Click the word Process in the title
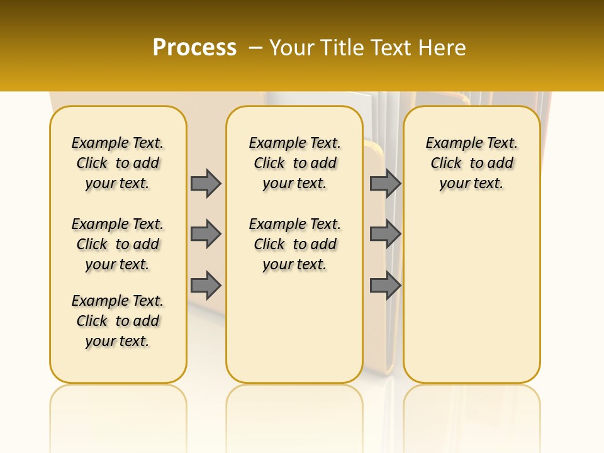pos(194,48)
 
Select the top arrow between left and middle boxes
pos(206,183)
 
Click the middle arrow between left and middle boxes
pos(206,234)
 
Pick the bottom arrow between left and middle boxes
pos(206,286)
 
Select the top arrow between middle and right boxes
pos(385,183)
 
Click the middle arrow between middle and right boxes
pos(385,234)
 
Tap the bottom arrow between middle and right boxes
pos(385,286)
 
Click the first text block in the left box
pos(118,163)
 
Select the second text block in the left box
pos(118,244)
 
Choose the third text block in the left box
pos(118,321)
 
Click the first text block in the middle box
pos(294,163)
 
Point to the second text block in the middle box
pos(294,244)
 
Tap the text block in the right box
pos(471,163)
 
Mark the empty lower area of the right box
pos(471,289)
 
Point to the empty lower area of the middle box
pos(294,327)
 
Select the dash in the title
pos(255,48)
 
